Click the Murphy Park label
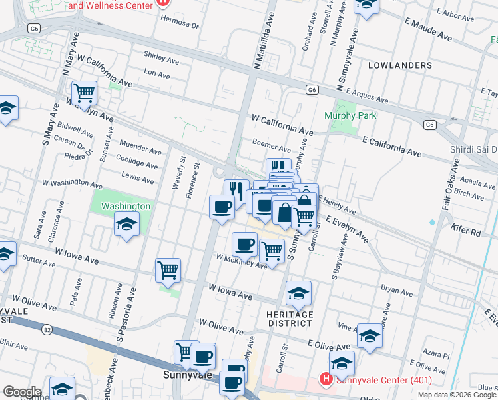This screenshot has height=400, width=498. tap(350, 115)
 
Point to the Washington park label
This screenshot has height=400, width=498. tap(125, 206)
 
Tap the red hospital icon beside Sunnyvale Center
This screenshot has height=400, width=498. tap(326, 380)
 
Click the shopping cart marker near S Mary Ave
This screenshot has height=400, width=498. tap(85, 92)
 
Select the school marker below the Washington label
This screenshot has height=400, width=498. tap(126, 225)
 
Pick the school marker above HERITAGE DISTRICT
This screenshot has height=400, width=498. tap(298, 292)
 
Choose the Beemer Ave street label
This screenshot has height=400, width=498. tap(271, 145)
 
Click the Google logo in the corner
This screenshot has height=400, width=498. tap(22, 392)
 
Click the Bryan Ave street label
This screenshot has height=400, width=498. tap(397, 291)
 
